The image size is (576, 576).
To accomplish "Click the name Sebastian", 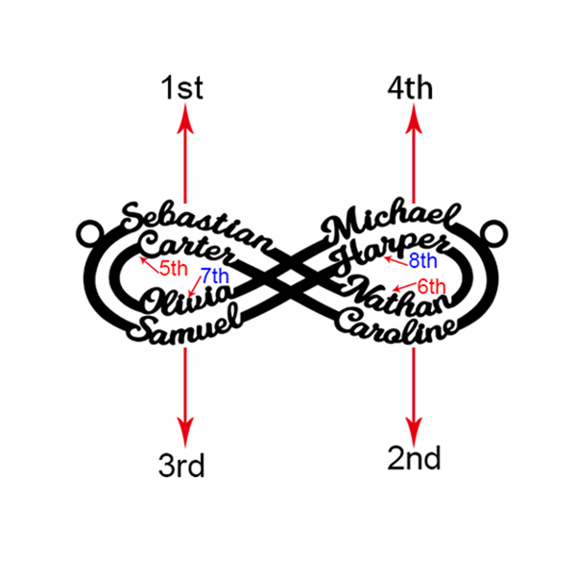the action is click(x=197, y=228).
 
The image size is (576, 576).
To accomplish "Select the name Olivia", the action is click(x=188, y=299).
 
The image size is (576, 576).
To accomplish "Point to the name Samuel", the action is click(x=184, y=324).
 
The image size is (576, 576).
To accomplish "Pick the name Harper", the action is click(x=390, y=252).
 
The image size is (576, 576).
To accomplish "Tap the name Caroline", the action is click(x=396, y=326).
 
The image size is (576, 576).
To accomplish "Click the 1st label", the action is click(x=181, y=87).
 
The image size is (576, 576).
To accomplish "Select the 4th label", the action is click(x=410, y=88).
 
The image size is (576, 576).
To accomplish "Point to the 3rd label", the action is click(x=181, y=465).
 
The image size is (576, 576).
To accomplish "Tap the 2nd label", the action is click(x=414, y=458).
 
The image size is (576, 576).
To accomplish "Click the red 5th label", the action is click(x=174, y=269).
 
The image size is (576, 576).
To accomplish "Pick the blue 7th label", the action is click(x=215, y=276).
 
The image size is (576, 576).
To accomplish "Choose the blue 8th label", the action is click(x=422, y=261).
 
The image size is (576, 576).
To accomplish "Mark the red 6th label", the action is click(x=432, y=286).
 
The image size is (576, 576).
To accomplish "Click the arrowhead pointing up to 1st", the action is click(x=185, y=118).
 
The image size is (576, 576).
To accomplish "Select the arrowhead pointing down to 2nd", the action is click(x=414, y=432).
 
